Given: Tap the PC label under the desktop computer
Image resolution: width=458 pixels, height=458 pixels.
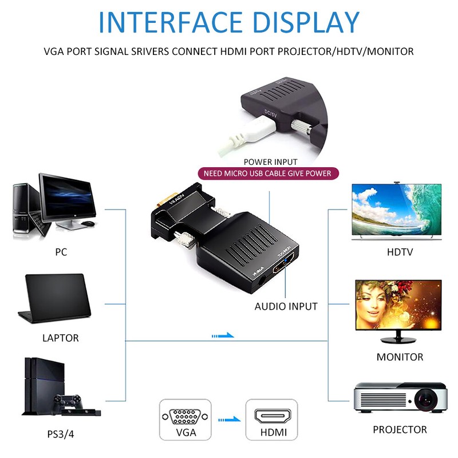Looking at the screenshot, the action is click(x=61, y=251).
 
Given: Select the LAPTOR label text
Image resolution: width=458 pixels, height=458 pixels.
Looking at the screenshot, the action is click(x=61, y=338).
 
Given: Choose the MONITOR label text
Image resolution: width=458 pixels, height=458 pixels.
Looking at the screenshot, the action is click(x=400, y=357).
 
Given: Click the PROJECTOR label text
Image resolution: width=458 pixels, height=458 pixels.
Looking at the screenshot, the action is click(x=400, y=429).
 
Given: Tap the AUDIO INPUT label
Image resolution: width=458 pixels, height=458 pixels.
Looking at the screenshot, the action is click(x=286, y=306).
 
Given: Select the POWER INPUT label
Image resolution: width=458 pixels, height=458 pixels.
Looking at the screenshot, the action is click(x=270, y=162).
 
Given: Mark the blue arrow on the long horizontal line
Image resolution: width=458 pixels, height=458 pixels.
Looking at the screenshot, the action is click(x=223, y=335).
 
